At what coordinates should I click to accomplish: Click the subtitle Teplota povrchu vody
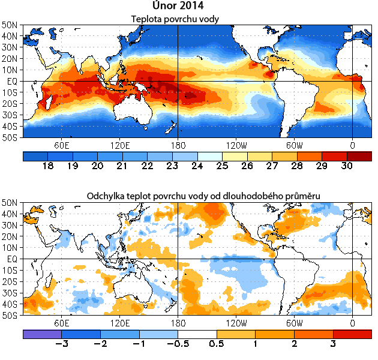tap(175, 19)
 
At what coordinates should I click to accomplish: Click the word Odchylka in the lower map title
tap(107, 196)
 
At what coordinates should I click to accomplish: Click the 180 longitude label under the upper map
tap(178, 145)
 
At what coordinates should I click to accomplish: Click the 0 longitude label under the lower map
tap(352, 322)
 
